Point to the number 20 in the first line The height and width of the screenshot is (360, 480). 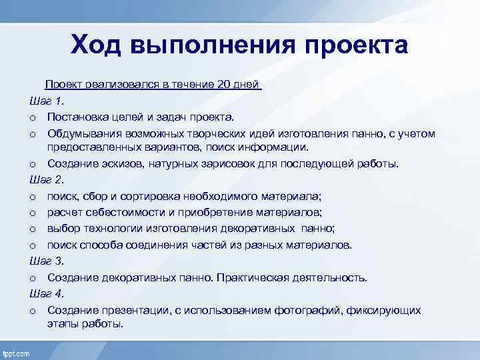[224, 85]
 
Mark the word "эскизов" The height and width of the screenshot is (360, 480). [113, 164]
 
